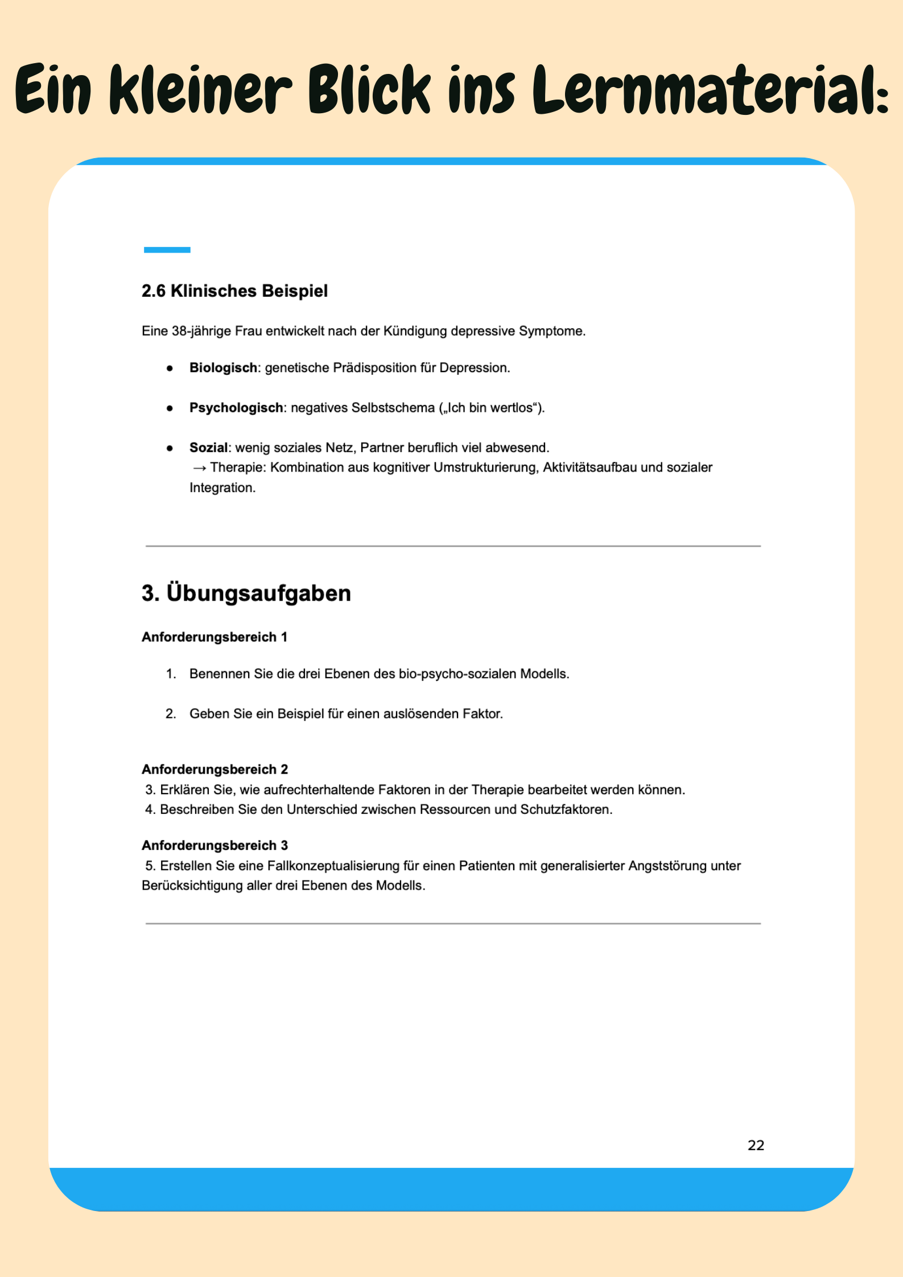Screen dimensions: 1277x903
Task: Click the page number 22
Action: [x=756, y=1145]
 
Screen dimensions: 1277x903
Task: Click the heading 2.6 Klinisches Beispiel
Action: [x=234, y=291]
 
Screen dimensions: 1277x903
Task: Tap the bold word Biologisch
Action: [x=223, y=368]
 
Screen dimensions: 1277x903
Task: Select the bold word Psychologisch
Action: [x=236, y=408]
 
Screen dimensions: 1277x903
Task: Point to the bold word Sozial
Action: [x=208, y=448]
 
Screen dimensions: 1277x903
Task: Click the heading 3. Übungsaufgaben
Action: [x=246, y=593]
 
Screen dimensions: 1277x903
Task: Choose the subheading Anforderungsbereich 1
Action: [x=214, y=637]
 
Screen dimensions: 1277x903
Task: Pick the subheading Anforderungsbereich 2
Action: [x=215, y=770]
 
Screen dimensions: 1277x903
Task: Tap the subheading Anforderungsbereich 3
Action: [x=215, y=845]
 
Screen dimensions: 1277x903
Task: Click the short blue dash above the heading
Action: [x=167, y=250]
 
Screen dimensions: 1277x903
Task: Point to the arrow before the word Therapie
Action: [x=199, y=468]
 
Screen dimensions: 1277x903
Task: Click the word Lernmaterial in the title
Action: [x=709, y=90]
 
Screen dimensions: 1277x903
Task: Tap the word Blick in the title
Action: [x=369, y=90]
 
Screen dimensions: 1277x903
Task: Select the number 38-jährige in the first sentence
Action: [x=197, y=331]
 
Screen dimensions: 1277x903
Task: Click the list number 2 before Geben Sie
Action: [x=170, y=714]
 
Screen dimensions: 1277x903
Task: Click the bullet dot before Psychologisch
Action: [x=170, y=408]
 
